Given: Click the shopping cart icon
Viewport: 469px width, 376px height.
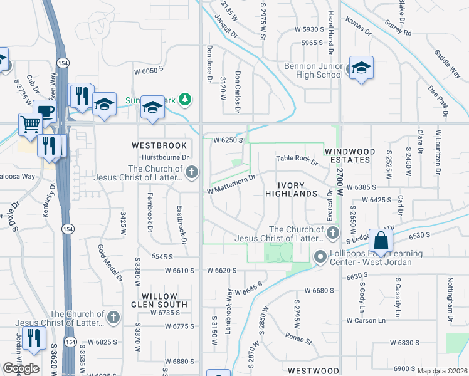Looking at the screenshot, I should pos(30,125).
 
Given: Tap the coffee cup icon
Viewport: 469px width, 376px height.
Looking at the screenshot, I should pos(45,112).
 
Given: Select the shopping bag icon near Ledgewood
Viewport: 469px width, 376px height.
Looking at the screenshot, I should pos(381,241).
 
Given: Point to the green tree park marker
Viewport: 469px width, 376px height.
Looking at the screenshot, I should pos(184,99).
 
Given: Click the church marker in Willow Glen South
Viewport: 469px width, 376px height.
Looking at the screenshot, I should pos(113,318).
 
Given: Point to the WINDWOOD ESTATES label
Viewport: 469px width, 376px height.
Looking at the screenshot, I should pos(350,156).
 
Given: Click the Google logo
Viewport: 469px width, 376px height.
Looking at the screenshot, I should pos(21,368).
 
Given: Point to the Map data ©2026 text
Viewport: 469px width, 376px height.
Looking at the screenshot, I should pos(442,371).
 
